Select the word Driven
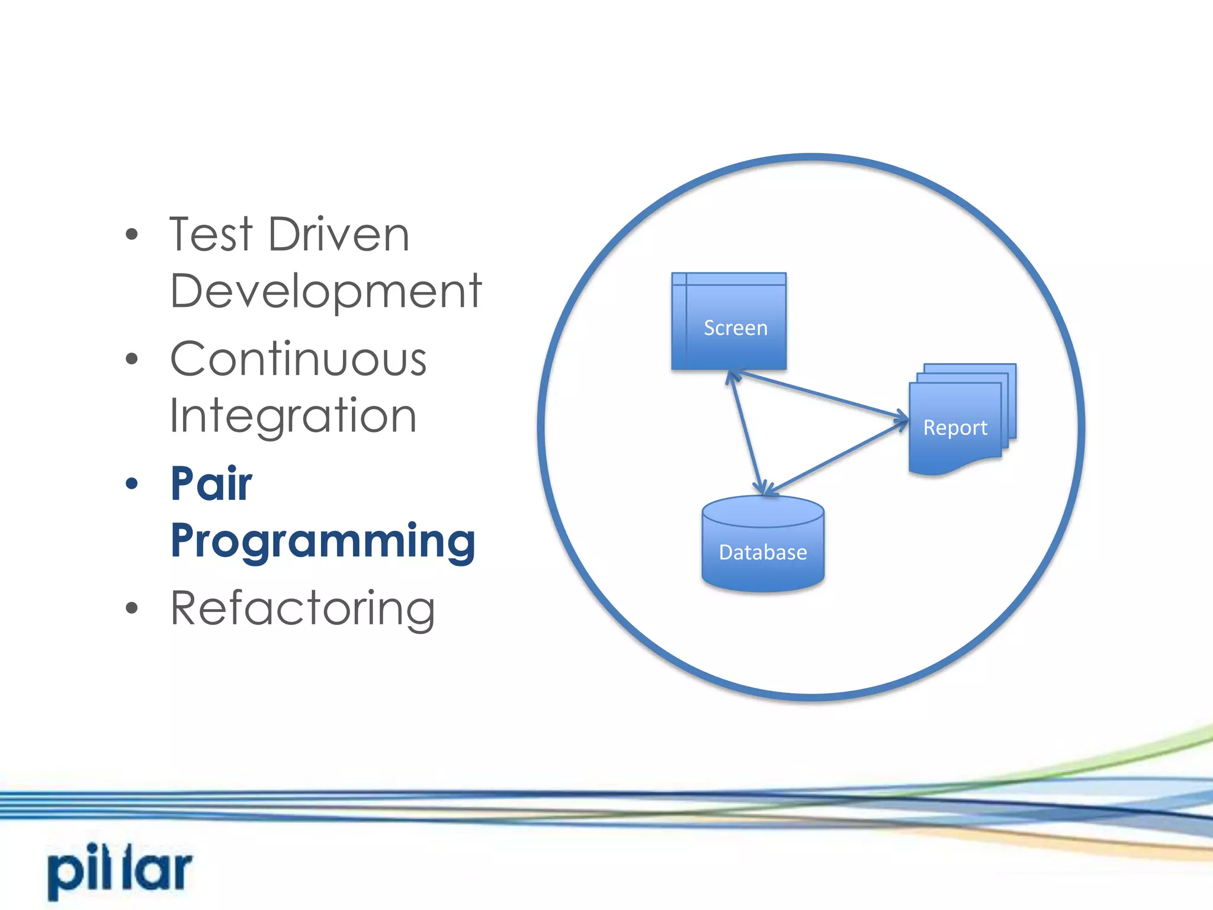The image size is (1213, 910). (339, 235)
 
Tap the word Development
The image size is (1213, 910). (326, 291)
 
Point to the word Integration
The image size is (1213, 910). (293, 416)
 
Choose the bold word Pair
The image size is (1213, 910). (211, 483)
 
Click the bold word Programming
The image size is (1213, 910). (323, 540)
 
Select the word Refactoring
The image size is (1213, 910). (303, 608)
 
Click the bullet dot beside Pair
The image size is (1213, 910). (131, 483)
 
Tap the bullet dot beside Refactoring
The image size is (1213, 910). (131, 608)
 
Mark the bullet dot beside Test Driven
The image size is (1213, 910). (131, 235)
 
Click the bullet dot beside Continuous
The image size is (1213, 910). (131, 358)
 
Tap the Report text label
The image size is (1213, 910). (955, 428)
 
